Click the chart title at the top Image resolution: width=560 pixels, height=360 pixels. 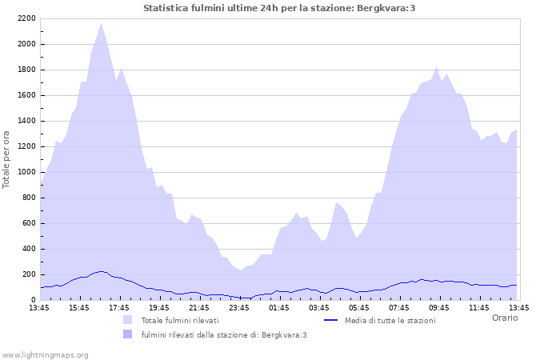click(279, 8)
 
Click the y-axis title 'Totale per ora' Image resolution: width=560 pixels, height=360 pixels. click(7, 158)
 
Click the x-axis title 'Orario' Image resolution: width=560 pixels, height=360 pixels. click(504, 318)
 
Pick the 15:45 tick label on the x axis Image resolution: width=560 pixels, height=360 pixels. click(79, 307)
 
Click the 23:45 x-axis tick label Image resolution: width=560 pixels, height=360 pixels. click(239, 307)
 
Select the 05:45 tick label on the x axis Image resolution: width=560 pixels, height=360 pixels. click(359, 307)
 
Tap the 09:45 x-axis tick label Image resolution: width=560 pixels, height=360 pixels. click(439, 307)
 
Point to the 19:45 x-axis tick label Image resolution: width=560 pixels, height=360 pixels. click(159, 307)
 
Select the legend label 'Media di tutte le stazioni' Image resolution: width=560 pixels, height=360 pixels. click(390, 321)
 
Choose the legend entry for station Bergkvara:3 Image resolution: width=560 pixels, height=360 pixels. click(223, 335)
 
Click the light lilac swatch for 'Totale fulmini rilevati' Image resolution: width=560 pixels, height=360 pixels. click(128, 320)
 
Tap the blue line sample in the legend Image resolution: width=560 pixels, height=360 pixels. click(330, 320)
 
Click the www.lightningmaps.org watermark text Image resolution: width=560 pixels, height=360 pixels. click(45, 354)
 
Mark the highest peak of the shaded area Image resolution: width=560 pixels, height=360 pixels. click(101, 23)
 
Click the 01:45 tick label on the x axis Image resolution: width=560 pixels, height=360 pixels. click(279, 307)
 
